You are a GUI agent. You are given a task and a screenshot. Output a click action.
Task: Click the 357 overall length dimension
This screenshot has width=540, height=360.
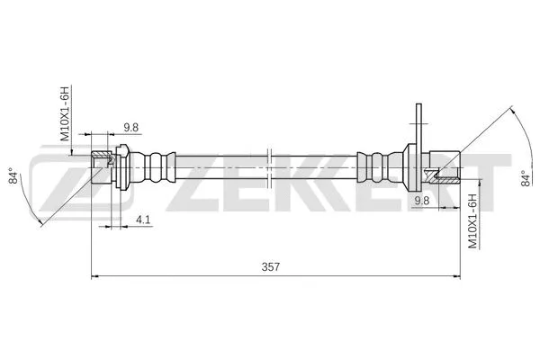(269, 267)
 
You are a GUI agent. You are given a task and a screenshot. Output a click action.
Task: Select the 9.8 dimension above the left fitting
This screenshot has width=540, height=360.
(130, 127)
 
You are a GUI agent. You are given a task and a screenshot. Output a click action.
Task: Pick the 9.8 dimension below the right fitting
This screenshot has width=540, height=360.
(421, 200)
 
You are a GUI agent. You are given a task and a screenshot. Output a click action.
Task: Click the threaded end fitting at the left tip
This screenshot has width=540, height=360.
(101, 167)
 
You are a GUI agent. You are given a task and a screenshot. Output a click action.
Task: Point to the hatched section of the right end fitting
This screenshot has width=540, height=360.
(443, 175)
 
